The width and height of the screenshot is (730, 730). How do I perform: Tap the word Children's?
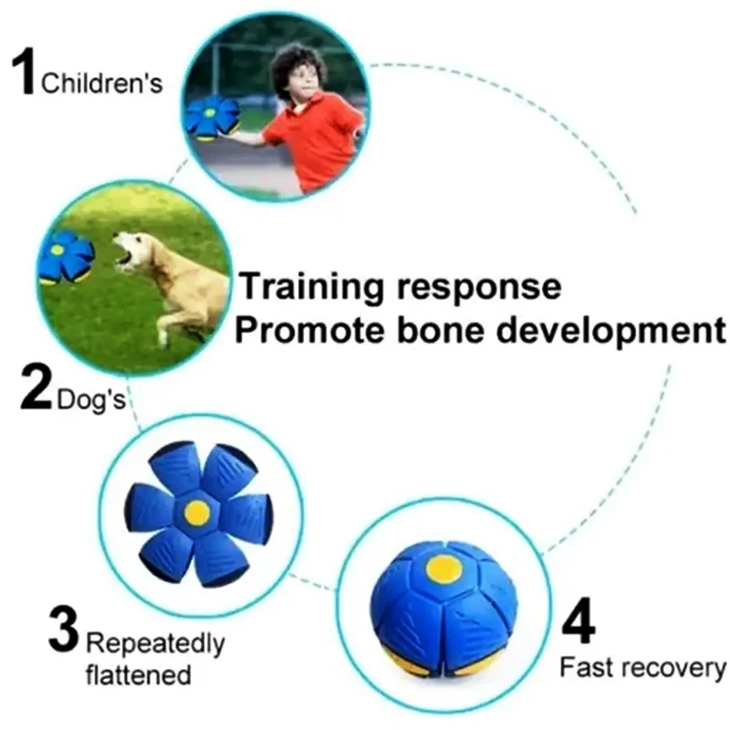102,84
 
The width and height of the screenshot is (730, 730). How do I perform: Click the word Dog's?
90,400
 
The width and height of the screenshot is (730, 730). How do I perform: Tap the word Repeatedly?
155,645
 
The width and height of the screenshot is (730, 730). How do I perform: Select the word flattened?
139,674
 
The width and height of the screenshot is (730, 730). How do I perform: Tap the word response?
479,288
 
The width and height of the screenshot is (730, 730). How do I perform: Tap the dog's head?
132,253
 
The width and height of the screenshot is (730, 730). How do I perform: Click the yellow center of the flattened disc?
195,513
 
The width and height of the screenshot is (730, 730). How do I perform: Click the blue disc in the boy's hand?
210,118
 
